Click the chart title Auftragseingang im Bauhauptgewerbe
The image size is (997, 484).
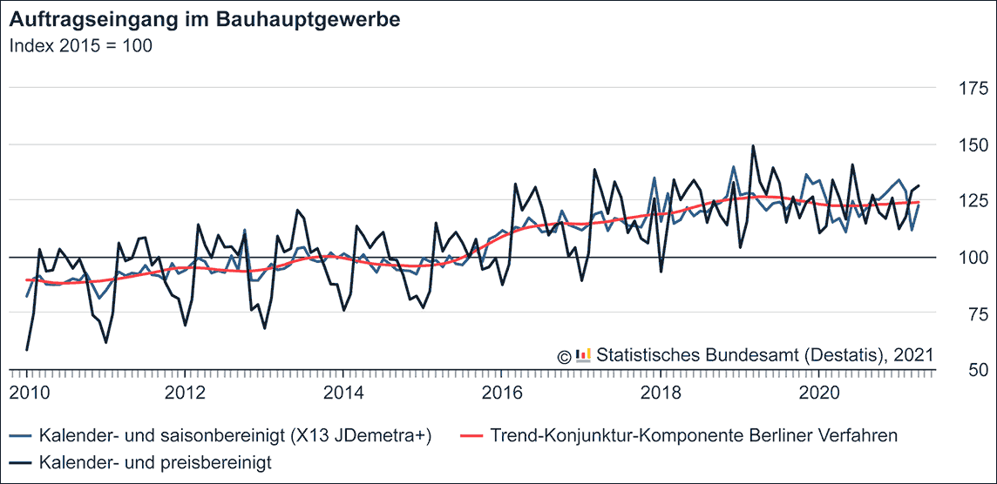point(205,20)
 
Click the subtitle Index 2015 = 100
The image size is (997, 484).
point(81,46)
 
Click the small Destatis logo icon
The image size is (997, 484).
point(583,354)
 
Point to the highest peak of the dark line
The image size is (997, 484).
point(753,146)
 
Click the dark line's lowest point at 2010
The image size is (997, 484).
point(27,350)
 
